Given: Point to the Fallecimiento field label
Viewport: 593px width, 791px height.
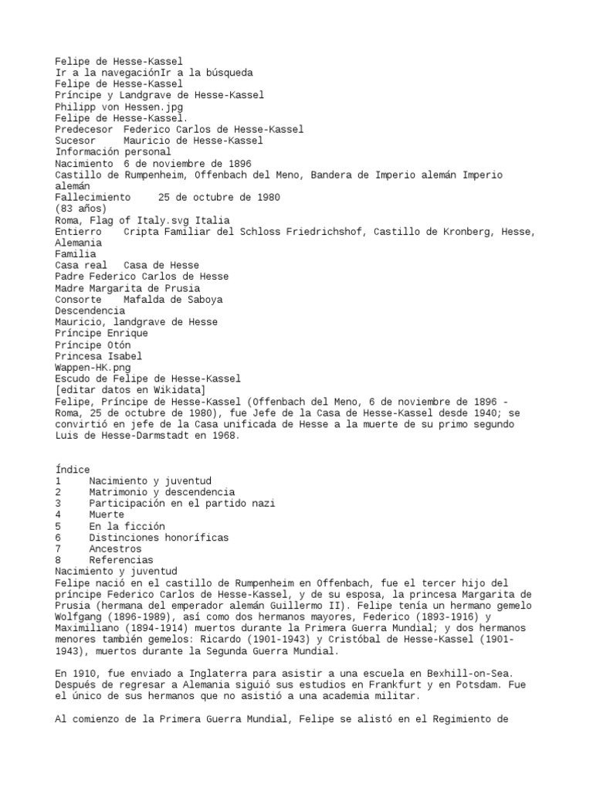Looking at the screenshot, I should coord(93,198).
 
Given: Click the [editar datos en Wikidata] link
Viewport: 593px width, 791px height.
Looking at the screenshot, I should coord(130,389).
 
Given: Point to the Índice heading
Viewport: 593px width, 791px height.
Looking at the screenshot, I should coord(73,470).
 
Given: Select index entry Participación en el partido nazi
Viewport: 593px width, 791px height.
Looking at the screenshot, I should coord(181,504).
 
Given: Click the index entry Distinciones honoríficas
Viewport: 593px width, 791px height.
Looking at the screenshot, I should coord(158,538).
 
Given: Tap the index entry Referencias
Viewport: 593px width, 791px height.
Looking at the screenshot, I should coord(120,560).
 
